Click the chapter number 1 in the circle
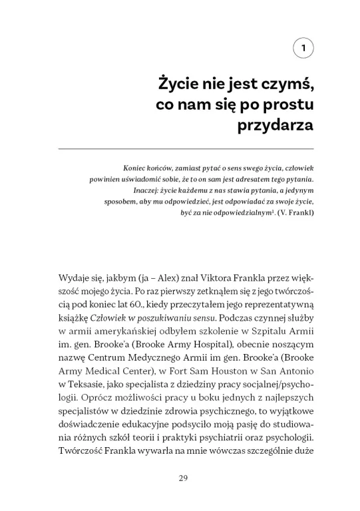point(303,48)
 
